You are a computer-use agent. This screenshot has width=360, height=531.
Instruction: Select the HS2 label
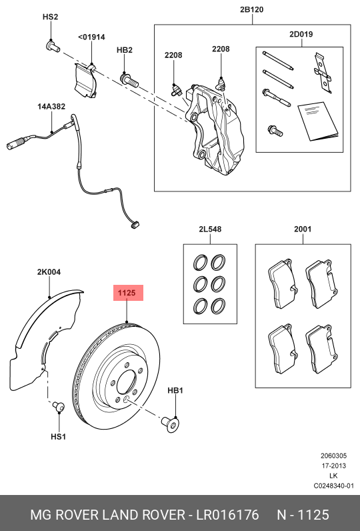[x=51, y=17]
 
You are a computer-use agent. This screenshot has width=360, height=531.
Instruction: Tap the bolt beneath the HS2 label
[x=51, y=46]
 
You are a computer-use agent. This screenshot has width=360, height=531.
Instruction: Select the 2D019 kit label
[x=301, y=34]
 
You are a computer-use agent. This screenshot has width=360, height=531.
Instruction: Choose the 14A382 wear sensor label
[x=51, y=106]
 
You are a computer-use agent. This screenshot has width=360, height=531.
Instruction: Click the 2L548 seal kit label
[x=209, y=229]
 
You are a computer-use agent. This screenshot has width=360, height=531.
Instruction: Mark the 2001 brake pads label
[x=303, y=229]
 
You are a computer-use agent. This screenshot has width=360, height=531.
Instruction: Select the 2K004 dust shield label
[x=49, y=272]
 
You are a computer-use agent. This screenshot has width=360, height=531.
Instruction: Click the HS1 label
[x=58, y=437]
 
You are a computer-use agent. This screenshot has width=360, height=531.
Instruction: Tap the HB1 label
[x=175, y=390]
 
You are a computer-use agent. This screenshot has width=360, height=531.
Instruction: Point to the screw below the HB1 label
[x=170, y=422]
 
